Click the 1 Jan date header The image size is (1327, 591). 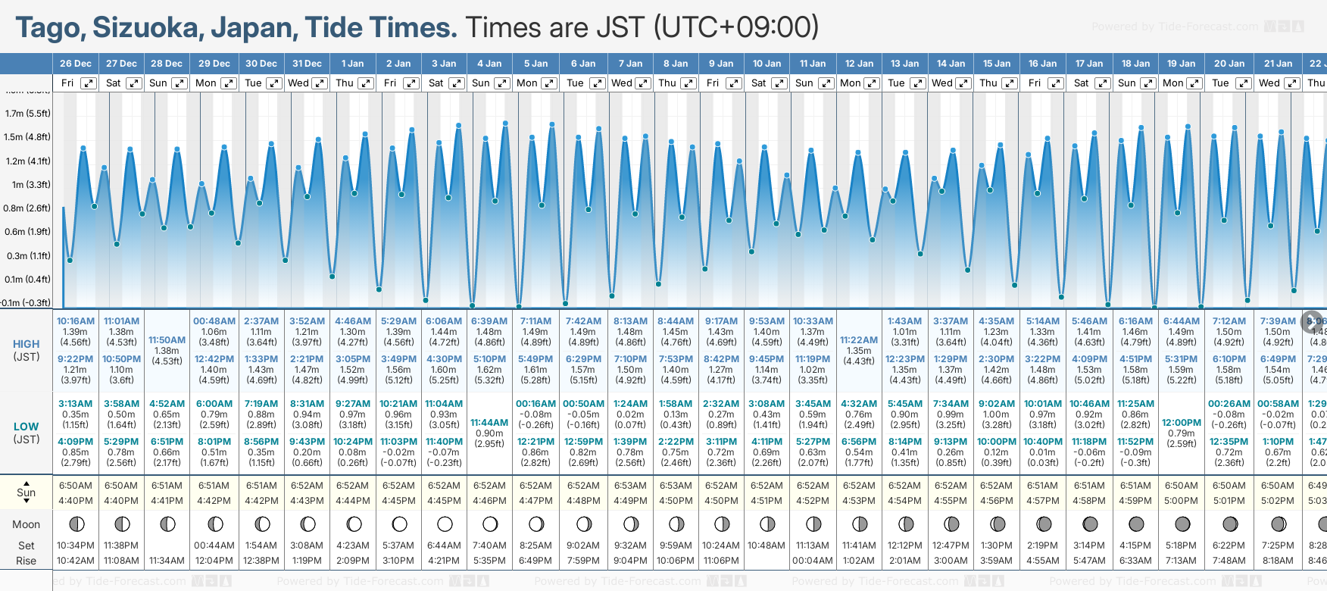pyautogui.click(x=352, y=64)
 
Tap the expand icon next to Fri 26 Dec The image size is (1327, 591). pyautogui.click(x=89, y=83)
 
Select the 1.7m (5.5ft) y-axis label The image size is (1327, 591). pyautogui.click(x=28, y=114)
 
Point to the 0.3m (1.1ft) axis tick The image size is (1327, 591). pyautogui.click(x=28, y=256)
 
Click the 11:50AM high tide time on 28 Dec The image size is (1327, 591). pyautogui.click(x=167, y=340)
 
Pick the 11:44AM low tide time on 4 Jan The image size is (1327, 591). pyautogui.click(x=489, y=423)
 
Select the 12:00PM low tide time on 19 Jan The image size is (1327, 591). pyautogui.click(x=1182, y=423)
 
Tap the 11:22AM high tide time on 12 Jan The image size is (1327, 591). pyautogui.click(x=859, y=340)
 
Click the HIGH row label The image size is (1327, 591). pyautogui.click(x=27, y=344)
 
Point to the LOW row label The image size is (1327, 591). pyautogui.click(x=27, y=427)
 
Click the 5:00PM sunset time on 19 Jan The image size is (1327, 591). pyautogui.click(x=1181, y=501)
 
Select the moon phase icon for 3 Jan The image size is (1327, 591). pyautogui.click(x=445, y=524)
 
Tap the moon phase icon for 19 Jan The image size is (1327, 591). pyautogui.click(x=1182, y=524)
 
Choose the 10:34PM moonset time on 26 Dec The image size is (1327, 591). pyautogui.click(x=76, y=546)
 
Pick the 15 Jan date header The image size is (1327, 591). pyautogui.click(x=997, y=64)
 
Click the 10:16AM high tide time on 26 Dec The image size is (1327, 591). pyautogui.click(x=75, y=321)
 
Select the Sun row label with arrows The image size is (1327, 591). pyautogui.click(x=27, y=492)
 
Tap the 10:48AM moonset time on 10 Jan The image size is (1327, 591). pyautogui.click(x=767, y=546)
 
